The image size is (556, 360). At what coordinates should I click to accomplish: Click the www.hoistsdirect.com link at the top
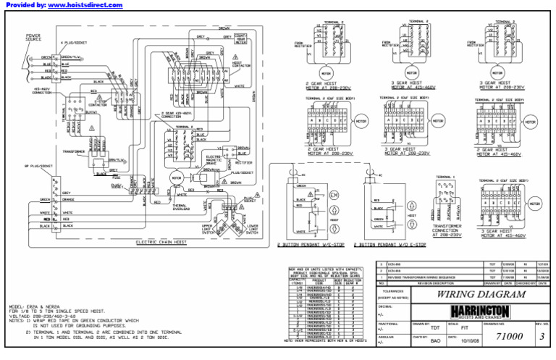(85, 5)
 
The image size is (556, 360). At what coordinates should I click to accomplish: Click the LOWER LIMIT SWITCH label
(253, 229)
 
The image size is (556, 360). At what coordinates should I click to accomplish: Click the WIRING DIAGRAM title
(471, 295)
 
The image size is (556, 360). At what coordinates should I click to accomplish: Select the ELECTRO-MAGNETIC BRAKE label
(215, 160)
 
